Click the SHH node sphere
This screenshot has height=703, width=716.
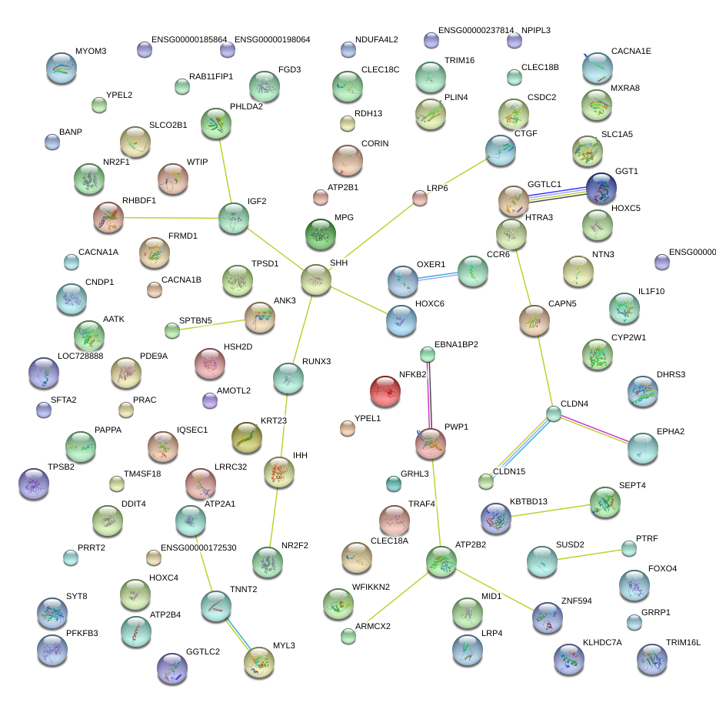[x=315, y=280]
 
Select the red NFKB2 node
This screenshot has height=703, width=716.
[x=386, y=391]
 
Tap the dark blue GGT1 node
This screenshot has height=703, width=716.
[x=601, y=189]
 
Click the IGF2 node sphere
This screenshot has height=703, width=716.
[x=233, y=218]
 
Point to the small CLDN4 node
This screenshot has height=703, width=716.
[x=554, y=414]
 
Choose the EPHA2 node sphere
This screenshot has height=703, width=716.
[x=643, y=448]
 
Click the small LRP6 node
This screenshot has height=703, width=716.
[x=419, y=199]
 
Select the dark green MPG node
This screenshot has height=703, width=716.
[x=321, y=234]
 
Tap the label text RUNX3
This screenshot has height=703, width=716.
[x=316, y=361]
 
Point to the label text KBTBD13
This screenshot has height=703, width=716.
[x=528, y=502]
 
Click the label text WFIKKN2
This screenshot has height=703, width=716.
[x=371, y=588]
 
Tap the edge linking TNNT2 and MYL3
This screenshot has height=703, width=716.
[x=236, y=632]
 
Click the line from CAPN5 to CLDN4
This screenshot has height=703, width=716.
[x=544, y=367]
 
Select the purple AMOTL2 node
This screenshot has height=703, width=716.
[x=209, y=400]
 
